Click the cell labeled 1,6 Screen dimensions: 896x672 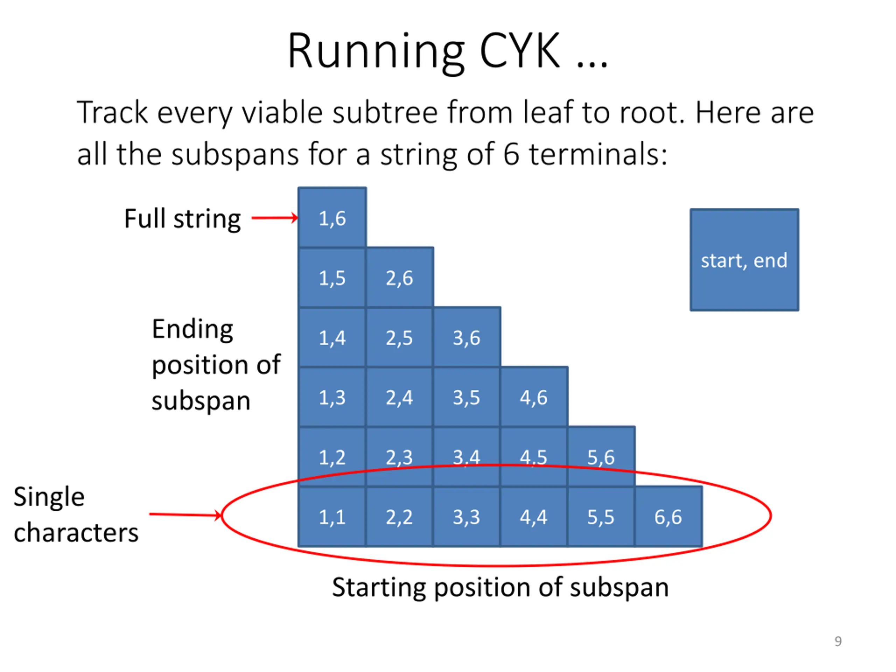pyautogui.click(x=332, y=218)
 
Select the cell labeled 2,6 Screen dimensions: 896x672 pyautogui.click(x=399, y=278)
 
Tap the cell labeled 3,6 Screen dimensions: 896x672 pyautogui.click(x=467, y=337)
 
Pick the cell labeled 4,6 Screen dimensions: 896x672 pyautogui.click(x=534, y=397)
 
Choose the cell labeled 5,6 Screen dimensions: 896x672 pyautogui.click(x=601, y=456)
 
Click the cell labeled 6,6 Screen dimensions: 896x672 pyautogui.click(x=668, y=517)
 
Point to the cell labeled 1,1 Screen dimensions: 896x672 pyautogui.click(x=332, y=517)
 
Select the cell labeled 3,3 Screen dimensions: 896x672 pyautogui.click(x=467, y=517)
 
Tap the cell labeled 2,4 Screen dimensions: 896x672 pyautogui.click(x=399, y=397)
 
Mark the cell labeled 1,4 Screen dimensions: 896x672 pyautogui.click(x=332, y=337)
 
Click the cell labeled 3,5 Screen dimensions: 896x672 pyautogui.click(x=467, y=397)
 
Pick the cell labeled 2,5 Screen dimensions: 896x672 pyautogui.click(x=399, y=337)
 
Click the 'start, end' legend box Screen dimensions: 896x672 pyautogui.click(x=744, y=260)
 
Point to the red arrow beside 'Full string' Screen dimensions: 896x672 pyautogui.click(x=275, y=218)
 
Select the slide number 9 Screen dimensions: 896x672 pyautogui.click(x=838, y=641)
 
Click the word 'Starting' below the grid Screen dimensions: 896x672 pyautogui.click(x=378, y=587)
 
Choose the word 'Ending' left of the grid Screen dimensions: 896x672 pyautogui.click(x=192, y=329)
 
